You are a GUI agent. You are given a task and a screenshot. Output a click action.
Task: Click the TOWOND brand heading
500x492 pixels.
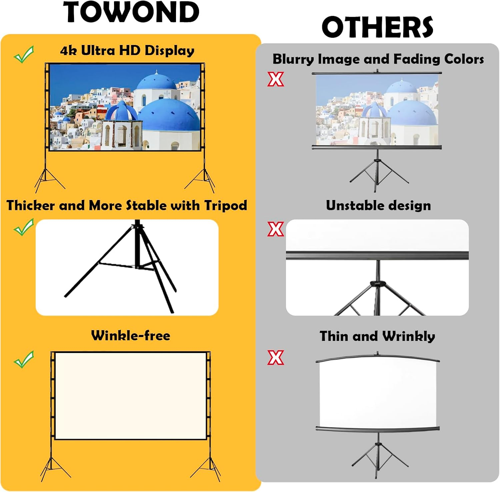(131, 12)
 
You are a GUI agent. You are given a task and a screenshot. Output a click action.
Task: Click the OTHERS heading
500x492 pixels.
(377, 27)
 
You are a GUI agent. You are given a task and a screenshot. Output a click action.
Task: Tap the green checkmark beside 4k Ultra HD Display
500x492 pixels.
(24, 54)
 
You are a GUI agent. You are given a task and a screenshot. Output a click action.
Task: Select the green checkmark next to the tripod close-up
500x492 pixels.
(24, 227)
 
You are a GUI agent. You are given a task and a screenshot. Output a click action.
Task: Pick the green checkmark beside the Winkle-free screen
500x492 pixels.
(24, 359)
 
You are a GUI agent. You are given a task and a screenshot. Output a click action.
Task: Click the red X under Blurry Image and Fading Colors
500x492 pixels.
(276, 79)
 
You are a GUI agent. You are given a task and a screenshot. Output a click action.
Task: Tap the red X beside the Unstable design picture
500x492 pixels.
(276, 229)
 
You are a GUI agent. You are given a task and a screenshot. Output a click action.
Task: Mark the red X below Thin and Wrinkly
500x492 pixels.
(276, 357)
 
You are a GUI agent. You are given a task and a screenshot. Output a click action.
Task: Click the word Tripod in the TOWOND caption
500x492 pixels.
(226, 206)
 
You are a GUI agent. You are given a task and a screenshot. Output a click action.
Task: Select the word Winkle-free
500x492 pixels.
(131, 335)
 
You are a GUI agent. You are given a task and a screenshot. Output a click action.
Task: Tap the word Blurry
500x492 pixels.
(293, 59)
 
